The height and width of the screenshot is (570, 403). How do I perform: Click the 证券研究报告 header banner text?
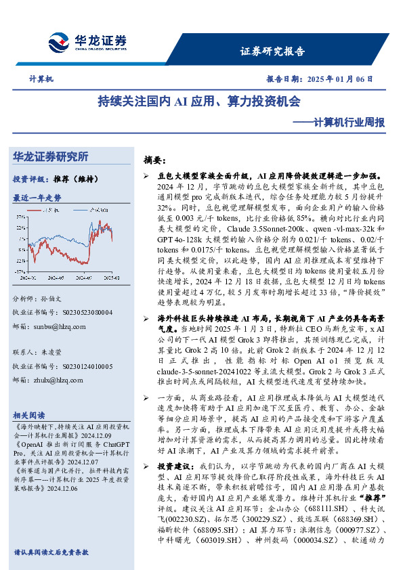pyautogui.click(x=272, y=51)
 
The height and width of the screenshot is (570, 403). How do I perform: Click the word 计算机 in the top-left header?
pyautogui.click(x=41, y=79)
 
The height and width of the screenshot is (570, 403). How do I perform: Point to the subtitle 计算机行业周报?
pyautogui.click(x=342, y=123)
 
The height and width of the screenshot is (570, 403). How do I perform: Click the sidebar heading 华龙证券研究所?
pyautogui.click(x=51, y=157)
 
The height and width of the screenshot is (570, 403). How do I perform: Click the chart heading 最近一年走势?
pyautogui.click(x=37, y=198)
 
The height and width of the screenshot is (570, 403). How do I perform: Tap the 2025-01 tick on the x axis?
pyautogui.click(x=112, y=278)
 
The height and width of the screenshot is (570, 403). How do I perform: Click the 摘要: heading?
pyautogui.click(x=154, y=160)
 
